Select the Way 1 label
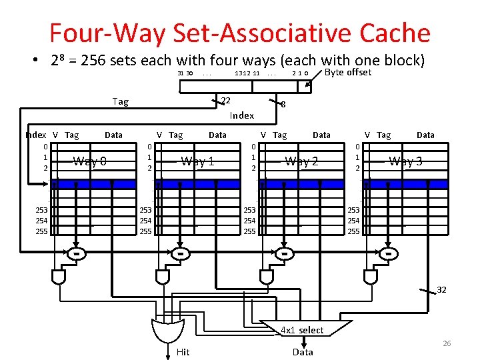197,161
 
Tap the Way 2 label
301,161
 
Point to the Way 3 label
405,161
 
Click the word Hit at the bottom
183,351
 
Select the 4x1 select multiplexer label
302,330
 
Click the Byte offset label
347,72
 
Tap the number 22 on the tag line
225,101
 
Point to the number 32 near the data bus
442,289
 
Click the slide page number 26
447,343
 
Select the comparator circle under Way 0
77,253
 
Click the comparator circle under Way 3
388,253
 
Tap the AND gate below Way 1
163,275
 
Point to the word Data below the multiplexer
302,351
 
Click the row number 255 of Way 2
249,231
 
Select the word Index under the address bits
241,115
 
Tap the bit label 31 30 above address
185,73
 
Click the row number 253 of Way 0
42,210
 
